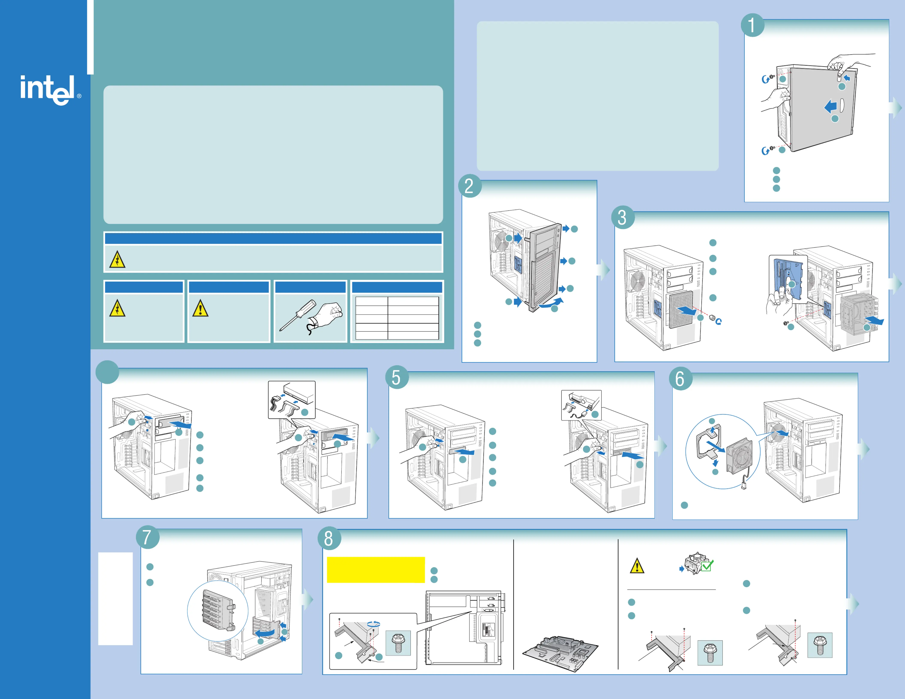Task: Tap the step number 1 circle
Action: tap(752, 25)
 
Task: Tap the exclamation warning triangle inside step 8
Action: tap(637, 566)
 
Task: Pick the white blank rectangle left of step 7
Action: tap(115, 598)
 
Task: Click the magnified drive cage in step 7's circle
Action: tap(217, 611)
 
